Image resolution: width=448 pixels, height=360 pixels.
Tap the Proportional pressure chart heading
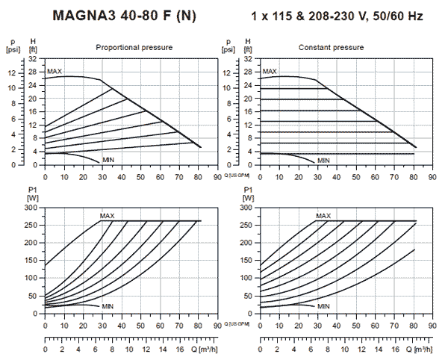pos(134,47)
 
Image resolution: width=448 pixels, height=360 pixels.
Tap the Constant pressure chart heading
pos(332,47)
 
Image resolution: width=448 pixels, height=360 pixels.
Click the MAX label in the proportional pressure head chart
pos(55,72)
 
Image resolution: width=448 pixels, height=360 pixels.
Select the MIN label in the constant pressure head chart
pos(323,161)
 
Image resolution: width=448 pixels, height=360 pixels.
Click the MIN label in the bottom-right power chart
pos(323,306)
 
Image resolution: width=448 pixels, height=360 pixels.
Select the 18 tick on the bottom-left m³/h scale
pos(198,348)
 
